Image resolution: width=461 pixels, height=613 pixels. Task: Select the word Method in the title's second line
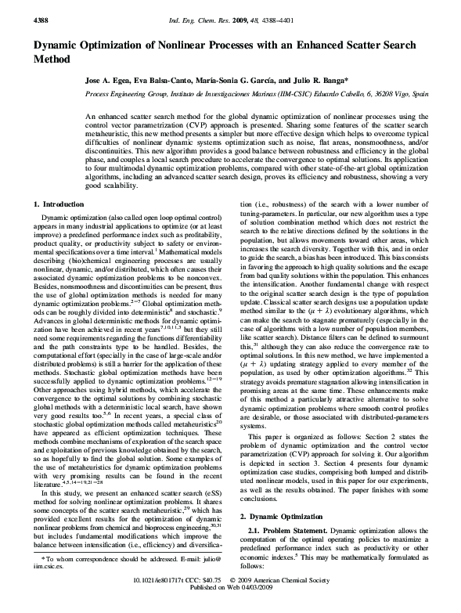[52, 59]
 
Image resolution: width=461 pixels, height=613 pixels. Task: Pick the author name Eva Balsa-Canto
[167, 81]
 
